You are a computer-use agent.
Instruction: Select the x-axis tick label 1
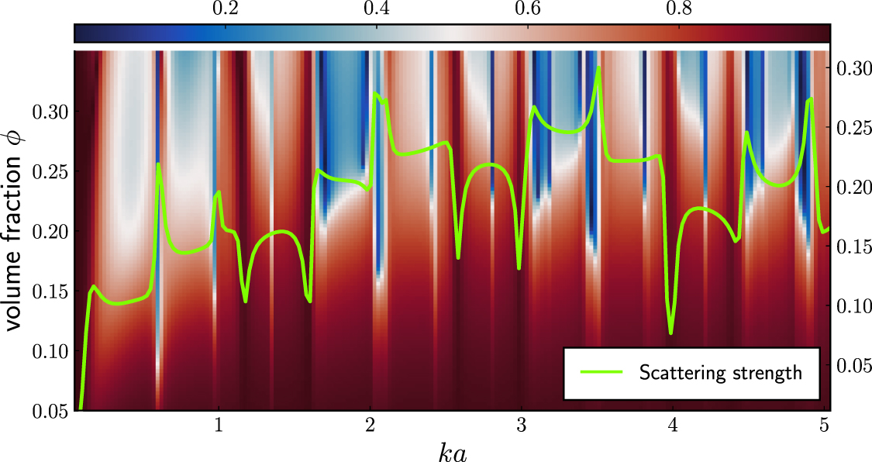219,426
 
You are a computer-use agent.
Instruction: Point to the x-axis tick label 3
522,426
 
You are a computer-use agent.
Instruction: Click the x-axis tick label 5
824,426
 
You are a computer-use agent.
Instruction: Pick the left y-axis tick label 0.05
48,411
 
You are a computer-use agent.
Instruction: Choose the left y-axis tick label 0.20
48,232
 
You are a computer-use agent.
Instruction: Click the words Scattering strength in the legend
720,373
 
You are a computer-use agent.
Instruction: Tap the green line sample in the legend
601,373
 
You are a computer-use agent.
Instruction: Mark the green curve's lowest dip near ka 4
671,333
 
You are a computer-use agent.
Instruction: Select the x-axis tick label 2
371,426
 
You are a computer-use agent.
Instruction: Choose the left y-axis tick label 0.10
48,351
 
